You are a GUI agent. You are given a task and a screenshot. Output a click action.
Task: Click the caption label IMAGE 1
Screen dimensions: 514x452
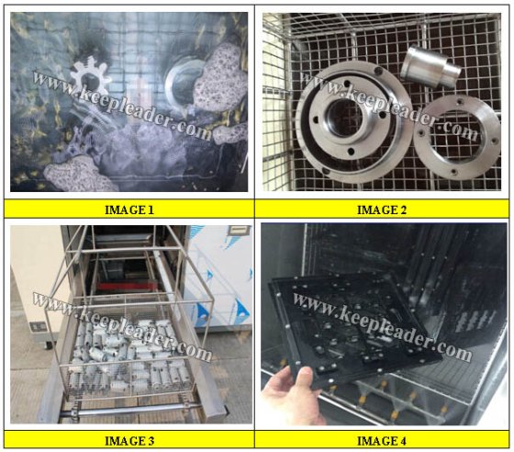click(x=129, y=210)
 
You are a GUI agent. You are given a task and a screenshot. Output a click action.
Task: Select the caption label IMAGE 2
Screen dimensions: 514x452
click(x=382, y=210)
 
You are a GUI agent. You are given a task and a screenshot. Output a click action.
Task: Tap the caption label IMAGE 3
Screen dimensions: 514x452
click(x=129, y=441)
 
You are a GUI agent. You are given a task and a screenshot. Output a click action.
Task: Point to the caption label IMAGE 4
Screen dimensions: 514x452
click(x=382, y=441)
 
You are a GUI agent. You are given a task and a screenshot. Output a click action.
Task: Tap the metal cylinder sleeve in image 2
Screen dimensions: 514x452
click(x=430, y=67)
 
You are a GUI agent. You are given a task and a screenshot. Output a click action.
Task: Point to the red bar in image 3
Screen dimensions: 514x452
click(x=126, y=287)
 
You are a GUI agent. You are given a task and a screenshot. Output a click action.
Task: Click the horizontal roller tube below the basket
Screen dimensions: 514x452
click(x=131, y=411)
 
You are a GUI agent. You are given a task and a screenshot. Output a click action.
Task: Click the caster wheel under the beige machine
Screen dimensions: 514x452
click(x=50, y=345)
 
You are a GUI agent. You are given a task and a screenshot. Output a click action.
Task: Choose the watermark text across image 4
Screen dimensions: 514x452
click(x=382, y=325)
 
